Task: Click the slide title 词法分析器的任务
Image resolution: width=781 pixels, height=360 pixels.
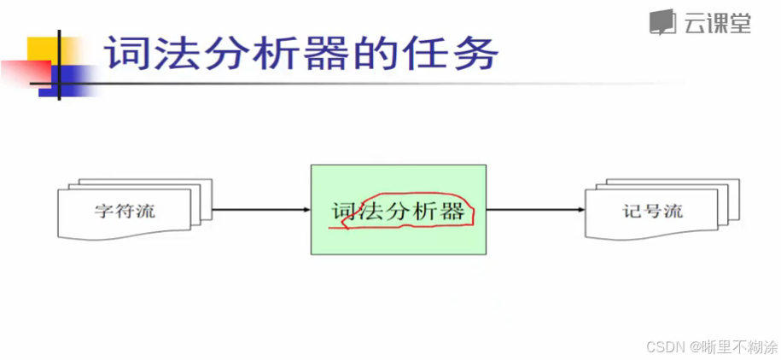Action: coord(300,55)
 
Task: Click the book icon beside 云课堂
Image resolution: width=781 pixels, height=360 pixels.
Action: coord(662,23)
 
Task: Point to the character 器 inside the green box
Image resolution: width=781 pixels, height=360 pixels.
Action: coord(452,212)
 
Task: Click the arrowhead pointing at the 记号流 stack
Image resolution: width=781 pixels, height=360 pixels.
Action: coord(580,210)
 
